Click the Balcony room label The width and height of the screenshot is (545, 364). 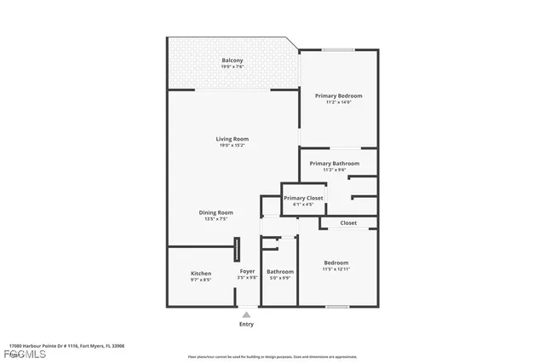pos(232,60)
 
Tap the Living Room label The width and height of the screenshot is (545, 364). pos(232,138)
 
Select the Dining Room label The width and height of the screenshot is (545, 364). pos(216,212)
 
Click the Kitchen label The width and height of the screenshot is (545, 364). pos(201,273)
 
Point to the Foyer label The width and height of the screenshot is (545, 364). pos(247,271)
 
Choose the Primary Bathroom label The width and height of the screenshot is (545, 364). pos(334,163)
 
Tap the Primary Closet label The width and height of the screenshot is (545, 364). pos(304,198)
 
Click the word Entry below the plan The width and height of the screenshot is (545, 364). pos(246,324)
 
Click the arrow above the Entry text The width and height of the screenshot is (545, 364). pos(246,315)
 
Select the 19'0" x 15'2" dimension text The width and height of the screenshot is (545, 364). pos(232,145)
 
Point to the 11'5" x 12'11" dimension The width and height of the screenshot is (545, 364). pos(336,269)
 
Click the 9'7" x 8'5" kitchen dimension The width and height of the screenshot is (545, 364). pos(201,279)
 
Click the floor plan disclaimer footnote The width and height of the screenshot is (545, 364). pos(272,356)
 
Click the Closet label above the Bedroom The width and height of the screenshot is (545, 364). pos(348,222)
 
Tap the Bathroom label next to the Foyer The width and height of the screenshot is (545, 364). pos(280,271)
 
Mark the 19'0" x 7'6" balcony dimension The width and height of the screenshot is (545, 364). pos(232,66)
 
